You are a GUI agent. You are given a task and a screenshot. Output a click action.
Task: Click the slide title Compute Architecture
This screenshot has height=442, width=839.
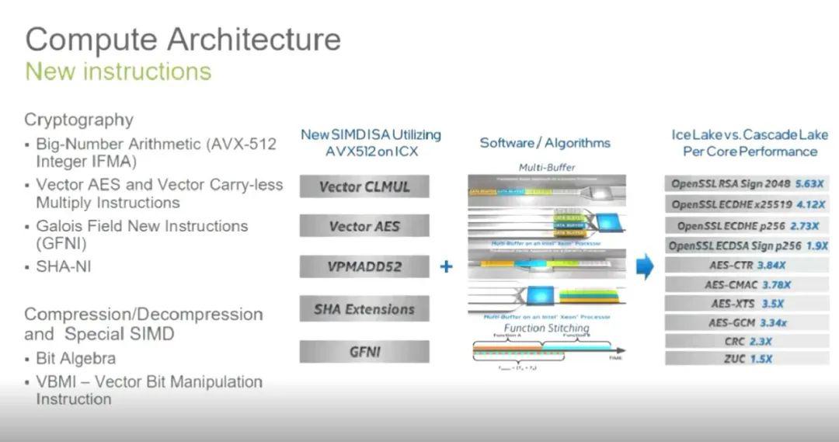click(x=183, y=39)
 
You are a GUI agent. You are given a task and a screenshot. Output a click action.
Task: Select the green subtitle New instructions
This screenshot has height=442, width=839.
click(x=118, y=71)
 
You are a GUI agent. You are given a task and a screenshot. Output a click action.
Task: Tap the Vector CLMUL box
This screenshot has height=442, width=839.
click(x=364, y=186)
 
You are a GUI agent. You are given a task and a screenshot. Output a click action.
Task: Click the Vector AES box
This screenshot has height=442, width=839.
click(x=364, y=226)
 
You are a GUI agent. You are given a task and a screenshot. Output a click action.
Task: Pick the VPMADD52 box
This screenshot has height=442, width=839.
click(x=364, y=266)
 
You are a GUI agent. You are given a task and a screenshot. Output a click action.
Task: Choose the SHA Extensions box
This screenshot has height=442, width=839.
click(x=364, y=309)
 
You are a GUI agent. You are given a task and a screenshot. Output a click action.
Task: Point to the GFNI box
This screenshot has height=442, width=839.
click(x=364, y=351)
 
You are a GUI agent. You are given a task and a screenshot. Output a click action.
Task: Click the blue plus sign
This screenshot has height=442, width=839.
click(x=446, y=266)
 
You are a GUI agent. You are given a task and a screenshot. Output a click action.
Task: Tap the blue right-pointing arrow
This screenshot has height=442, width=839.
click(x=645, y=266)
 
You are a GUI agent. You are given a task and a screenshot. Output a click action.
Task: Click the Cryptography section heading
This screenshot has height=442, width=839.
click(x=78, y=120)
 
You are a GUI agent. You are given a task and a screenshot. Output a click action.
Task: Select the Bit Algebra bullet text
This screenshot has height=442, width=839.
click(x=75, y=359)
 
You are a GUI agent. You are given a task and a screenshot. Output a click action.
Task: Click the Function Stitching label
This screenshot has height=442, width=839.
click(x=546, y=329)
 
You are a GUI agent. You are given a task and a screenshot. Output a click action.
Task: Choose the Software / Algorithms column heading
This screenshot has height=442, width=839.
click(x=545, y=143)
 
